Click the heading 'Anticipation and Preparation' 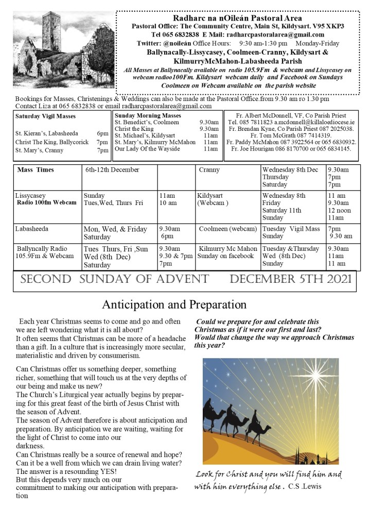tap(174, 304)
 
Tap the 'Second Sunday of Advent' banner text tap(114, 279)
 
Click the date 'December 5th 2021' tap(291, 279)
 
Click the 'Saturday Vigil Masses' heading tap(45, 116)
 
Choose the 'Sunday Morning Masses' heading tap(148, 115)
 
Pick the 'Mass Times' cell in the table tap(36, 169)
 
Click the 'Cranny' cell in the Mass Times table tap(209, 169)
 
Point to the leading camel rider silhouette tap(212, 409)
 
